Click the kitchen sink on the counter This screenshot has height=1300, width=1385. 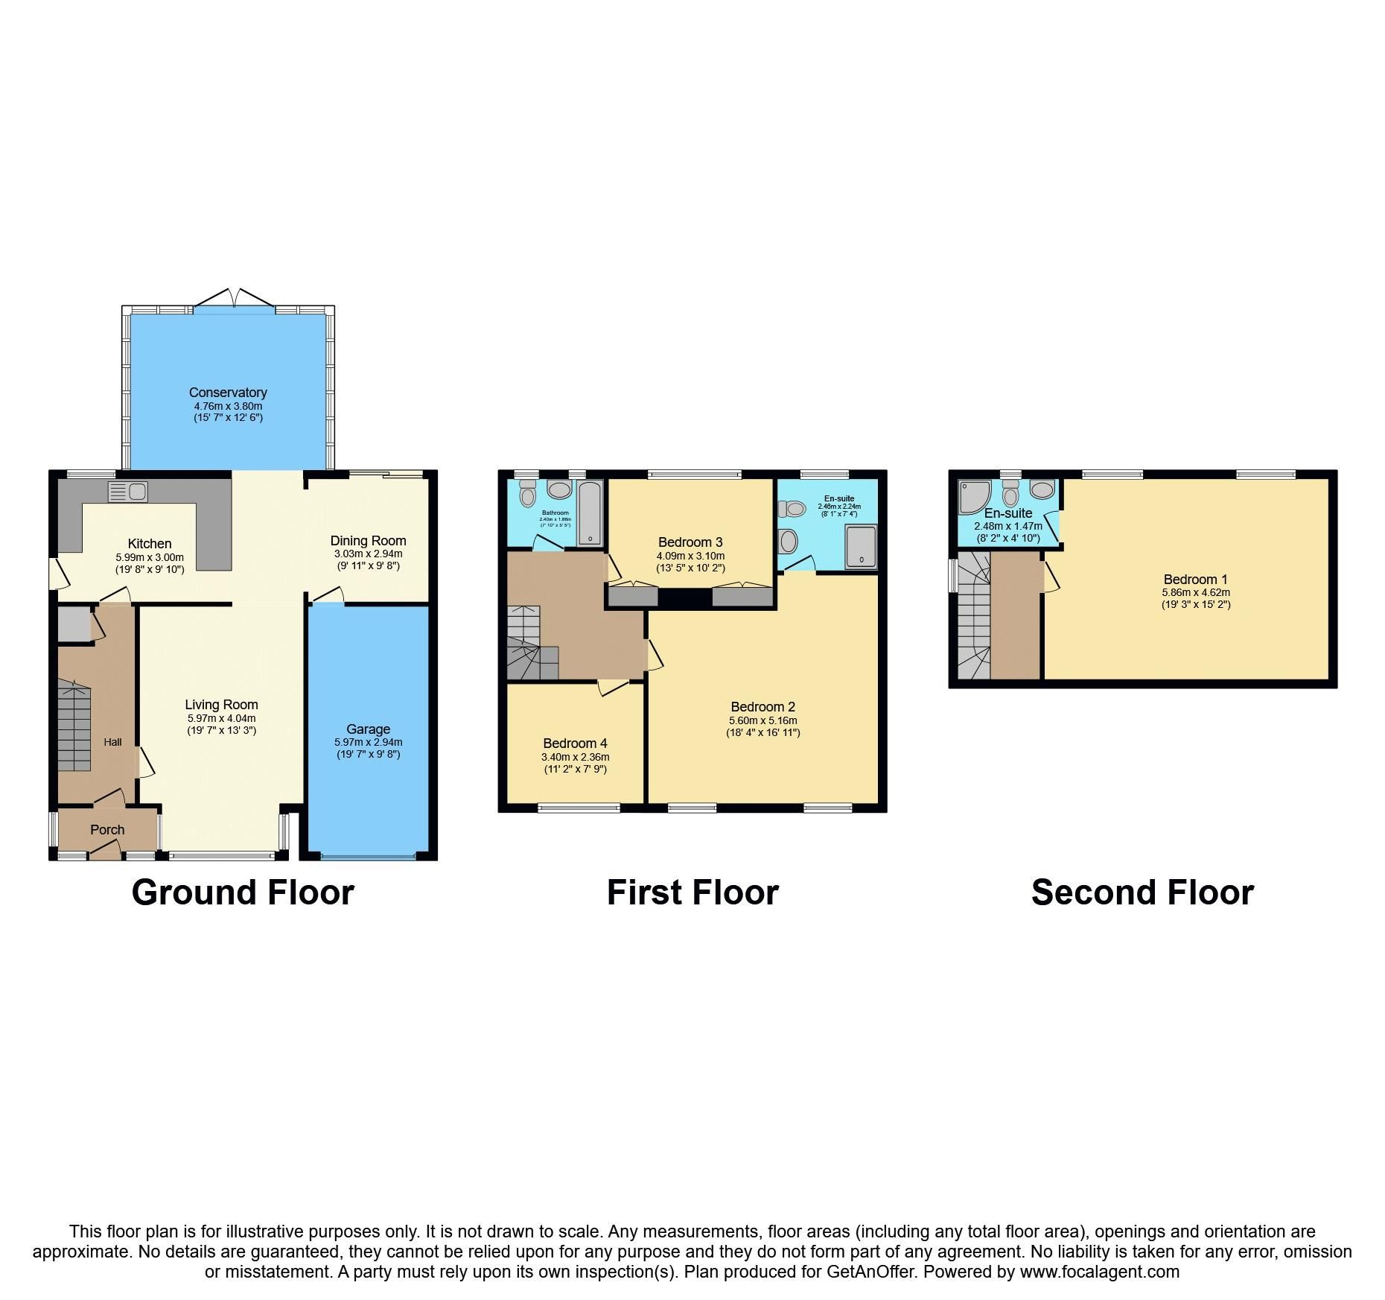point(128,491)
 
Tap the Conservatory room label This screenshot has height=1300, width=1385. point(228,393)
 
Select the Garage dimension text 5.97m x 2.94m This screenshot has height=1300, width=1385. point(368,742)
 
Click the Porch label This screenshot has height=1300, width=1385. point(107,829)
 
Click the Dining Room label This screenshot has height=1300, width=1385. point(368,541)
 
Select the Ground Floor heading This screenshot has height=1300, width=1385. point(243,892)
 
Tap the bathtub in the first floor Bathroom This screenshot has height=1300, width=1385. point(589,513)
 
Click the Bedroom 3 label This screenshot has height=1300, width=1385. point(690,542)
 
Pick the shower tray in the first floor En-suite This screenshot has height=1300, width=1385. point(861,547)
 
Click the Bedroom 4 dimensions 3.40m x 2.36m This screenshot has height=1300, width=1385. point(575,757)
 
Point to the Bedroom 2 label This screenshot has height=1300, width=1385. point(762,707)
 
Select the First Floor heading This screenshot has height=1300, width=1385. point(692,892)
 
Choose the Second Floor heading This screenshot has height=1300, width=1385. point(1142,892)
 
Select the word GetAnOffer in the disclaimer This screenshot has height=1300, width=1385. point(870,1272)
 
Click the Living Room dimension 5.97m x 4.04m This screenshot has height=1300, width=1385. point(221,718)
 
